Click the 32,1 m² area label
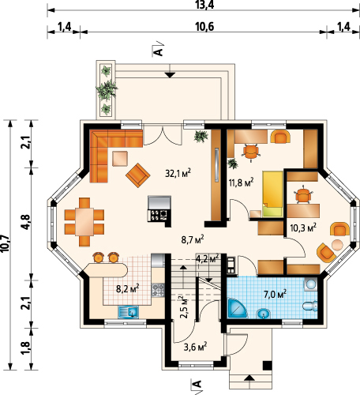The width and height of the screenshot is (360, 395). (x=178, y=173)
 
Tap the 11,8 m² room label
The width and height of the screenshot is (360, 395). (x=241, y=182)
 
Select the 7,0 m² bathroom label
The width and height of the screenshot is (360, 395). (x=275, y=294)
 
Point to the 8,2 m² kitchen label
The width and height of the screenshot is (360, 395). (x=128, y=288)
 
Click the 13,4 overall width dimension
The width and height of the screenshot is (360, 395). (x=204, y=5)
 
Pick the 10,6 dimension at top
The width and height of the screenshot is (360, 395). (x=204, y=27)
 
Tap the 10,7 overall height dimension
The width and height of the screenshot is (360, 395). (x=6, y=243)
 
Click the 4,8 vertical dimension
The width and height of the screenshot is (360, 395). (x=27, y=223)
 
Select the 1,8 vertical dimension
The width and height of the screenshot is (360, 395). (x=27, y=348)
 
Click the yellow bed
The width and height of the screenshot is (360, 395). (x=272, y=194)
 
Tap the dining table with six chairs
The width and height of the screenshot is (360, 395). (x=84, y=222)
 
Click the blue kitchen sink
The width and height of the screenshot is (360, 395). (x=129, y=313)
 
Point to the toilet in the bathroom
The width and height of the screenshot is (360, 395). (x=309, y=306)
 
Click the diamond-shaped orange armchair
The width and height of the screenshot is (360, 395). (x=137, y=175)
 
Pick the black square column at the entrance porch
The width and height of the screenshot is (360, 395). (x=268, y=365)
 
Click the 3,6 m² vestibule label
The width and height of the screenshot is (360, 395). (x=195, y=347)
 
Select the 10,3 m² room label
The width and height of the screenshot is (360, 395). (x=303, y=228)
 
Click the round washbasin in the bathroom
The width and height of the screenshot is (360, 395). (x=264, y=314)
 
